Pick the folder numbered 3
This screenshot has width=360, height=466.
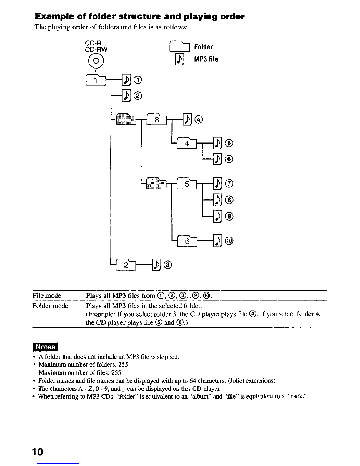[x=157, y=120]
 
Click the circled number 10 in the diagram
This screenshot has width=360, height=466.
[x=229, y=241]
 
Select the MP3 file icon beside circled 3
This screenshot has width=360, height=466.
[x=157, y=265]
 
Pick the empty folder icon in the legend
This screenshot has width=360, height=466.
[x=180, y=47]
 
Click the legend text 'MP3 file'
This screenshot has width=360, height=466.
[x=206, y=59]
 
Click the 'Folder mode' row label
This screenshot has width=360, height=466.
[x=50, y=306]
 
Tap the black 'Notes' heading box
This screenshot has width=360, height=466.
[x=46, y=347]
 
